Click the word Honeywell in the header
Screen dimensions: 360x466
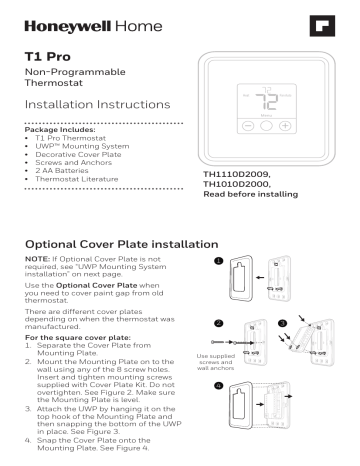pyautogui.click(x=57, y=20)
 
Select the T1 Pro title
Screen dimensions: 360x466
pyautogui.click(x=41, y=58)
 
